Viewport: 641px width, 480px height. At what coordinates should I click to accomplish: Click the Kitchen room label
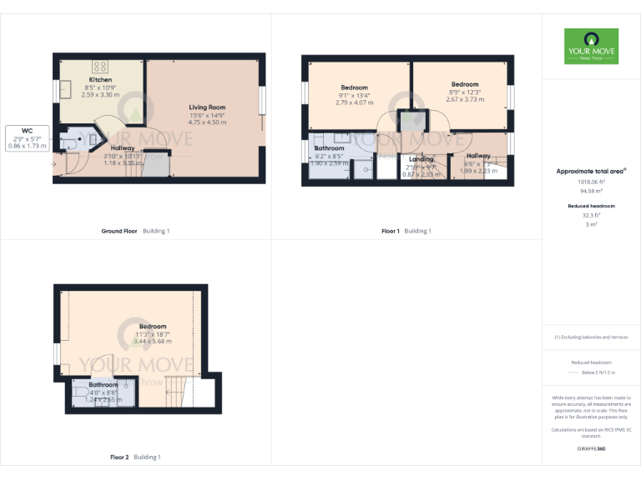[x=100, y=80]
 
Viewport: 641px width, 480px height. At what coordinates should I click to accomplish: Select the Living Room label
[x=206, y=107]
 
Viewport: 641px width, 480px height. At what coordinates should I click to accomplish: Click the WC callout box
[x=28, y=137]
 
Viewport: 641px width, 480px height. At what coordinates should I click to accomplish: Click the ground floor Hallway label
[x=123, y=147]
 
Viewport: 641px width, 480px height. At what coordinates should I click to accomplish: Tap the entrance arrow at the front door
[x=55, y=163]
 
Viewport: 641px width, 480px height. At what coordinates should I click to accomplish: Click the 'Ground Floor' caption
[x=119, y=231]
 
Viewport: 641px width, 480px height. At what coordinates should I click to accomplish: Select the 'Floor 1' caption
[x=391, y=231]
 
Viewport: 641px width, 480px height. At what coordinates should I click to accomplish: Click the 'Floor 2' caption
[x=119, y=457]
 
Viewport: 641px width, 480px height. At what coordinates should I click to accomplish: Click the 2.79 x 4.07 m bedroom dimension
[x=354, y=102]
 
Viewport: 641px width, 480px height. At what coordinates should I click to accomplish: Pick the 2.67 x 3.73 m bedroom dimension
[x=465, y=99]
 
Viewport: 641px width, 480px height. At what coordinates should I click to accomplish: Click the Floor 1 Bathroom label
[x=329, y=148]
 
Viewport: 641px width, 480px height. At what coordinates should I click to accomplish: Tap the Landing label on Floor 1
[x=421, y=159]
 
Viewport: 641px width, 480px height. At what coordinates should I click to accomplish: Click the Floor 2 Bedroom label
[x=153, y=327]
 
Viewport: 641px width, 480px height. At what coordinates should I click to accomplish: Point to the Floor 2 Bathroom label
[x=103, y=385]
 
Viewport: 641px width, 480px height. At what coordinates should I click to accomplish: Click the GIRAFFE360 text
[x=591, y=449]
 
